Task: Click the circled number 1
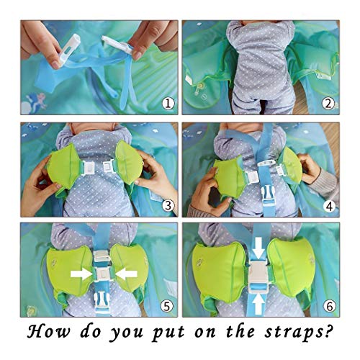168,104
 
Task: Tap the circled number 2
328,104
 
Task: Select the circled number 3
168,205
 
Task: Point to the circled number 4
329,206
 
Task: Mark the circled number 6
329,307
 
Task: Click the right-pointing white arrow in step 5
81,274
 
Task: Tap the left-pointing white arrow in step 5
126,274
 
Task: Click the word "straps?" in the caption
299,333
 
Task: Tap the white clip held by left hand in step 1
67,51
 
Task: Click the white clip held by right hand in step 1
117,44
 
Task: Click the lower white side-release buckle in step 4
268,196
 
